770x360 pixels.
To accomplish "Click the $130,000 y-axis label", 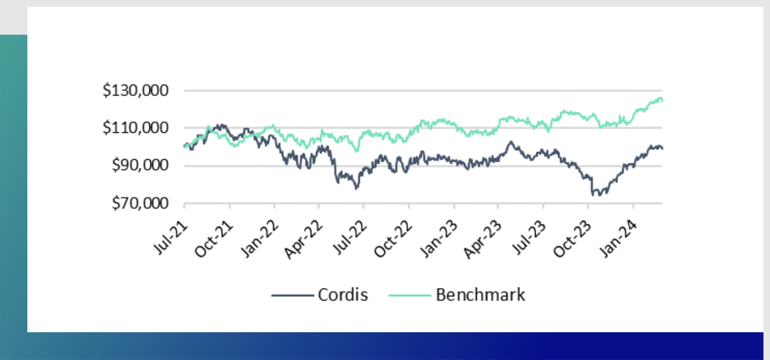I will click(x=136, y=90).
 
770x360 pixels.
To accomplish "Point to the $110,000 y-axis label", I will click(x=136, y=128).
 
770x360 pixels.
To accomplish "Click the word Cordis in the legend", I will click(x=342, y=295).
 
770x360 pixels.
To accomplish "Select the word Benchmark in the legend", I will click(x=481, y=295).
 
